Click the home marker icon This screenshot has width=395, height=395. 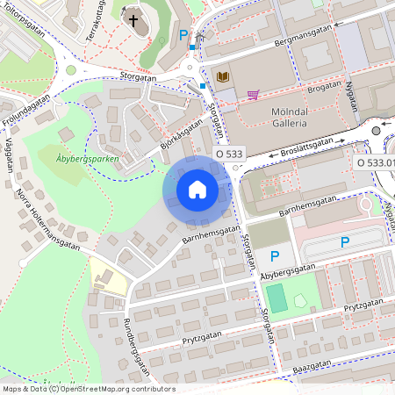tap(197, 189)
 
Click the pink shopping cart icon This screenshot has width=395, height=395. tap(253, 94)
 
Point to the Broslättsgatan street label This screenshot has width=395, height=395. tap(306, 146)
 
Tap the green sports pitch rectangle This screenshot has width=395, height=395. tap(276, 298)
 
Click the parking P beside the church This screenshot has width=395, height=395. tap(183, 35)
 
